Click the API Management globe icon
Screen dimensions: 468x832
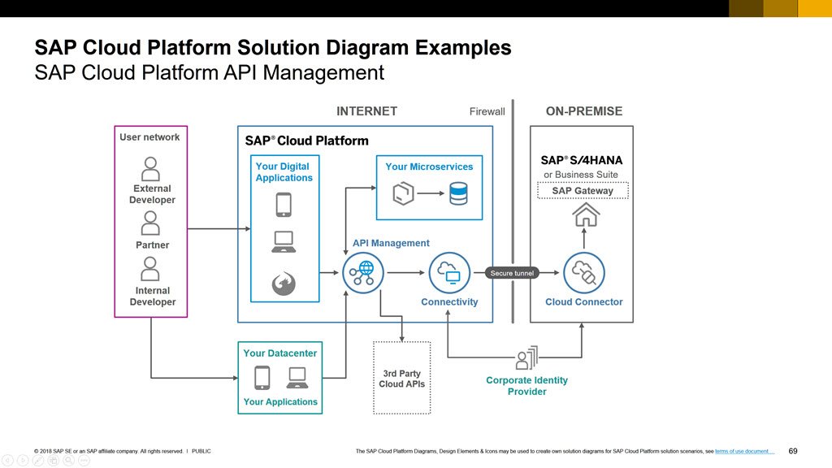[x=363, y=272]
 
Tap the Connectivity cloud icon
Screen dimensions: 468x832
[x=449, y=272]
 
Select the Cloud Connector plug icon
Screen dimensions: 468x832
[x=583, y=272]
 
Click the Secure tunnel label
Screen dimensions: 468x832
[x=513, y=273]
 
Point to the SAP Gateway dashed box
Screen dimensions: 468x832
[x=583, y=191]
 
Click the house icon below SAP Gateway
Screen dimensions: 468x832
[x=585, y=214]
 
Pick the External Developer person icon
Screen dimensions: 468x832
[x=151, y=169]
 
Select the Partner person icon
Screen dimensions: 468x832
[x=149, y=222]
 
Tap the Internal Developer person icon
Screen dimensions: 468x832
[x=149, y=268]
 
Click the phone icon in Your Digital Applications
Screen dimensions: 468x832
[x=284, y=204]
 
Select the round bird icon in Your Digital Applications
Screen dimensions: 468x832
[x=284, y=283]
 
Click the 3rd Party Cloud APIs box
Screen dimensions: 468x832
[x=402, y=378]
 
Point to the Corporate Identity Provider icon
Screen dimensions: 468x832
[x=526, y=358]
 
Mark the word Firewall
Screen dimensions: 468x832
[x=487, y=111]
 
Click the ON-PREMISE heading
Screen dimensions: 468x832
[x=583, y=111]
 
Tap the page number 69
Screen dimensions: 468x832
[x=793, y=451]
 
